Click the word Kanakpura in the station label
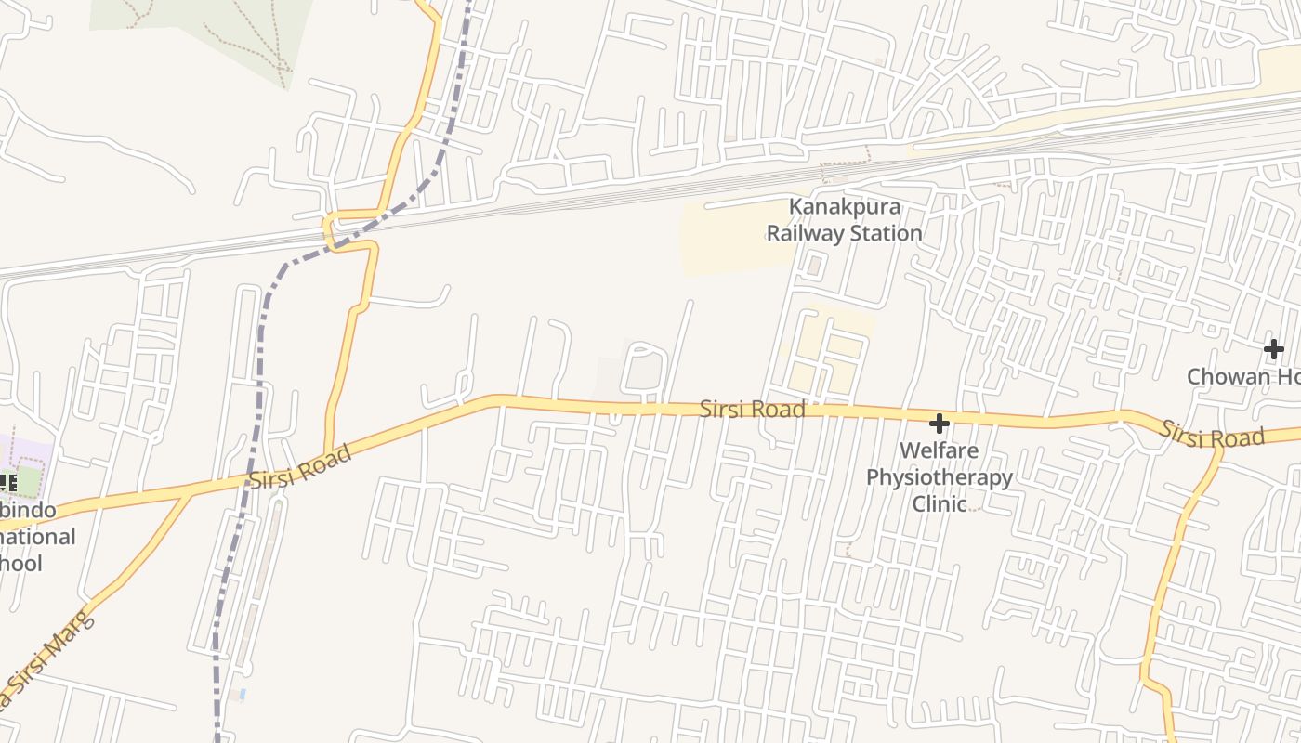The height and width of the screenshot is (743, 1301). point(845,206)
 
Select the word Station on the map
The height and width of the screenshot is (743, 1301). point(887,233)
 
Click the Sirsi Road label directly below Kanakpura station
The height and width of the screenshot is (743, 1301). point(752,409)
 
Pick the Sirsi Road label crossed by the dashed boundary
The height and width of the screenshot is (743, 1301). point(300,467)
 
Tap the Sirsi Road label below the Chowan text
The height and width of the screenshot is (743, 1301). point(1213,434)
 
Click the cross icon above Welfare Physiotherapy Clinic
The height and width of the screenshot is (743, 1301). point(940,424)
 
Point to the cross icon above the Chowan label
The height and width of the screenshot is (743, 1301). point(1273,349)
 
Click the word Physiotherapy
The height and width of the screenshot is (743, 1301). point(939,477)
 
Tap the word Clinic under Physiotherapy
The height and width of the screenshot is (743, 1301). point(939,503)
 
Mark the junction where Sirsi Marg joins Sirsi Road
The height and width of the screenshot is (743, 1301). point(191,492)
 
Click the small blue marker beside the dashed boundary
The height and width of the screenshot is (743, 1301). point(242,694)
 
